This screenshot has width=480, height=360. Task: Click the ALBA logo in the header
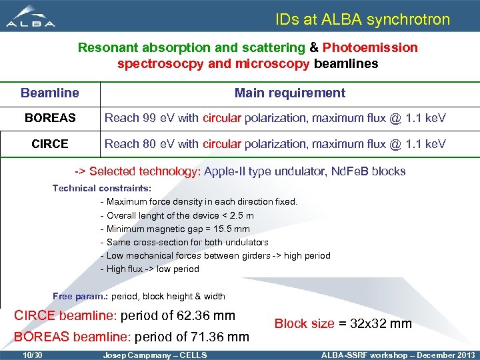click(x=31, y=17)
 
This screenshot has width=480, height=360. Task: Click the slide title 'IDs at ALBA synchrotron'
click(x=363, y=19)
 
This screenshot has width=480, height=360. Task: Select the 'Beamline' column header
click(x=49, y=93)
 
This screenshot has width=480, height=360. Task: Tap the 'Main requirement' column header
click(x=289, y=93)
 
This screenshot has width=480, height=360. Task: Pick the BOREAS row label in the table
click(x=50, y=119)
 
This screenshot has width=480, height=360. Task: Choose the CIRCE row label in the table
click(x=50, y=144)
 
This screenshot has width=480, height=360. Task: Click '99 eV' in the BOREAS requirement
click(x=157, y=119)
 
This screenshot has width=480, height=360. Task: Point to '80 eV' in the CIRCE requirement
click(x=157, y=144)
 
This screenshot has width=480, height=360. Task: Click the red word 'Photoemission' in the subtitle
click(x=370, y=48)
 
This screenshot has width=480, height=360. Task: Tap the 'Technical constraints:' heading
click(x=102, y=189)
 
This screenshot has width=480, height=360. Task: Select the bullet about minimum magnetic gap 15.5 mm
click(x=178, y=229)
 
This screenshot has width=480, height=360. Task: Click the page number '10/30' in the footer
click(x=32, y=355)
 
